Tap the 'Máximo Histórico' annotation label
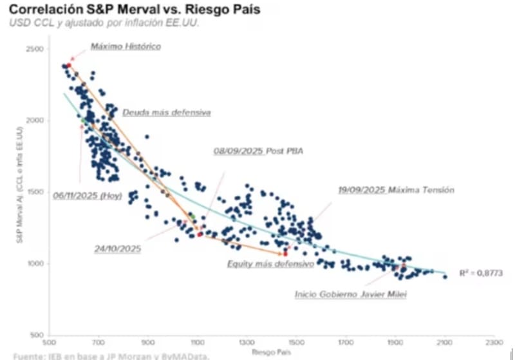[126, 46]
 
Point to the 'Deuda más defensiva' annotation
[166, 112]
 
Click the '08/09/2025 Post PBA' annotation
[257, 151]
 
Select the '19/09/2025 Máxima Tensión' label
[396, 190]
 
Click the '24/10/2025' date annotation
[116, 247]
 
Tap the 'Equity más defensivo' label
[270, 264]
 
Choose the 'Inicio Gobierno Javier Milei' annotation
[351, 294]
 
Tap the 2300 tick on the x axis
[493, 343]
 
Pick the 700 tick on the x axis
[98, 343]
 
